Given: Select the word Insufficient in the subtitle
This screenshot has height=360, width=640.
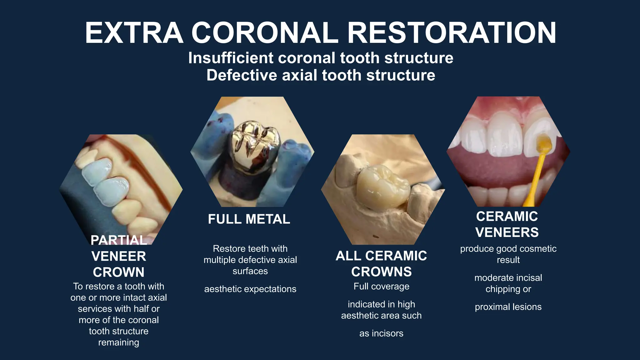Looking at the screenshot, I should (x=231, y=58).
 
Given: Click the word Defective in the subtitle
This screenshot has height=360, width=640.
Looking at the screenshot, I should (x=242, y=75).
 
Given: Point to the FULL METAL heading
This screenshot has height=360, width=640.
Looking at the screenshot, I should (x=249, y=219).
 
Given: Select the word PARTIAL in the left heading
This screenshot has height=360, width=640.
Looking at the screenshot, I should (x=119, y=240).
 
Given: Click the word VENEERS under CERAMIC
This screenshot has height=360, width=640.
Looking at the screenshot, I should (x=507, y=232).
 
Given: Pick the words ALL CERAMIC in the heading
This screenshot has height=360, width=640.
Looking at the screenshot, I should (x=381, y=256).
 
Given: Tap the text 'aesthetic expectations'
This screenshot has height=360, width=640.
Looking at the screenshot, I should (x=250, y=289).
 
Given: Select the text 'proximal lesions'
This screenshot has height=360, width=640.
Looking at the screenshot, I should (x=508, y=307).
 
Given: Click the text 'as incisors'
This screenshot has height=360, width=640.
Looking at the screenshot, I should (x=381, y=333).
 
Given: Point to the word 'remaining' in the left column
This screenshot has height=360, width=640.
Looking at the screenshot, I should (x=119, y=342).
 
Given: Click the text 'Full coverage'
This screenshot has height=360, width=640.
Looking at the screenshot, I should (x=381, y=287).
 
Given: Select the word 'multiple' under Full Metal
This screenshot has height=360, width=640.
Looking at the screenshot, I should (x=219, y=260).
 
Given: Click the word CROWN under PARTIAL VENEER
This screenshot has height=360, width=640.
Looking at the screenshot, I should (x=119, y=272).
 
